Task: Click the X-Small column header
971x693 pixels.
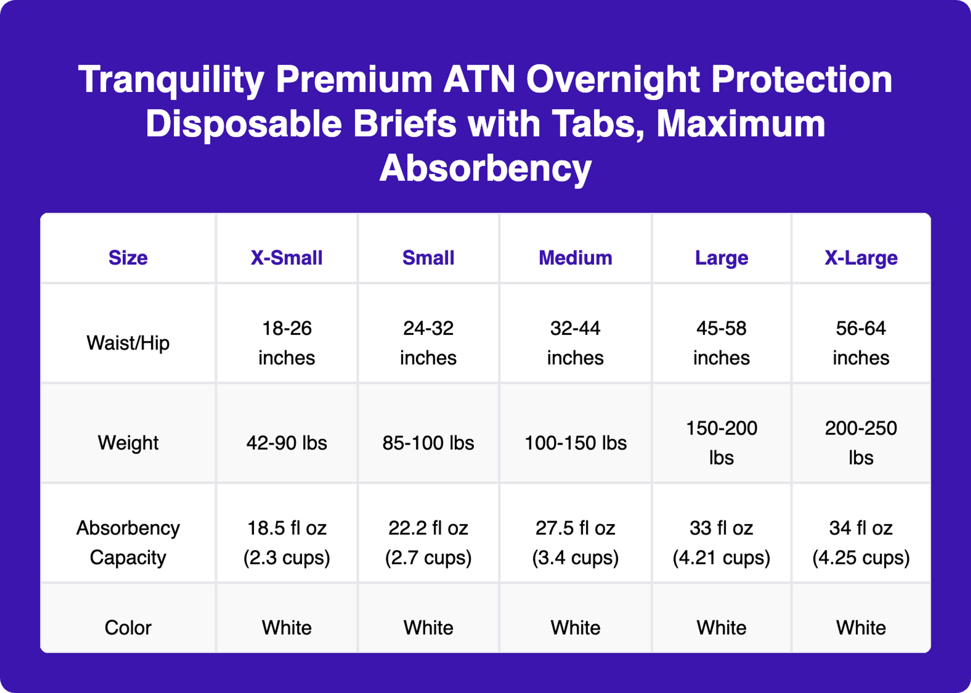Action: point(286,258)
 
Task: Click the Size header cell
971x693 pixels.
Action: point(128,258)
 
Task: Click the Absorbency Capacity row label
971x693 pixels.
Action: point(128,542)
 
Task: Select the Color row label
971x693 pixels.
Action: point(128,627)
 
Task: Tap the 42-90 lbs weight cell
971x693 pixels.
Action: point(286,443)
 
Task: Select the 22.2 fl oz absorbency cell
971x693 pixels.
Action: point(428,542)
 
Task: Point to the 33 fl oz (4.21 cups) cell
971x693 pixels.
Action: point(721,542)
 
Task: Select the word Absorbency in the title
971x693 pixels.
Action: point(485,169)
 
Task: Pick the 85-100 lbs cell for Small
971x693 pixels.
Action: point(428,443)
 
